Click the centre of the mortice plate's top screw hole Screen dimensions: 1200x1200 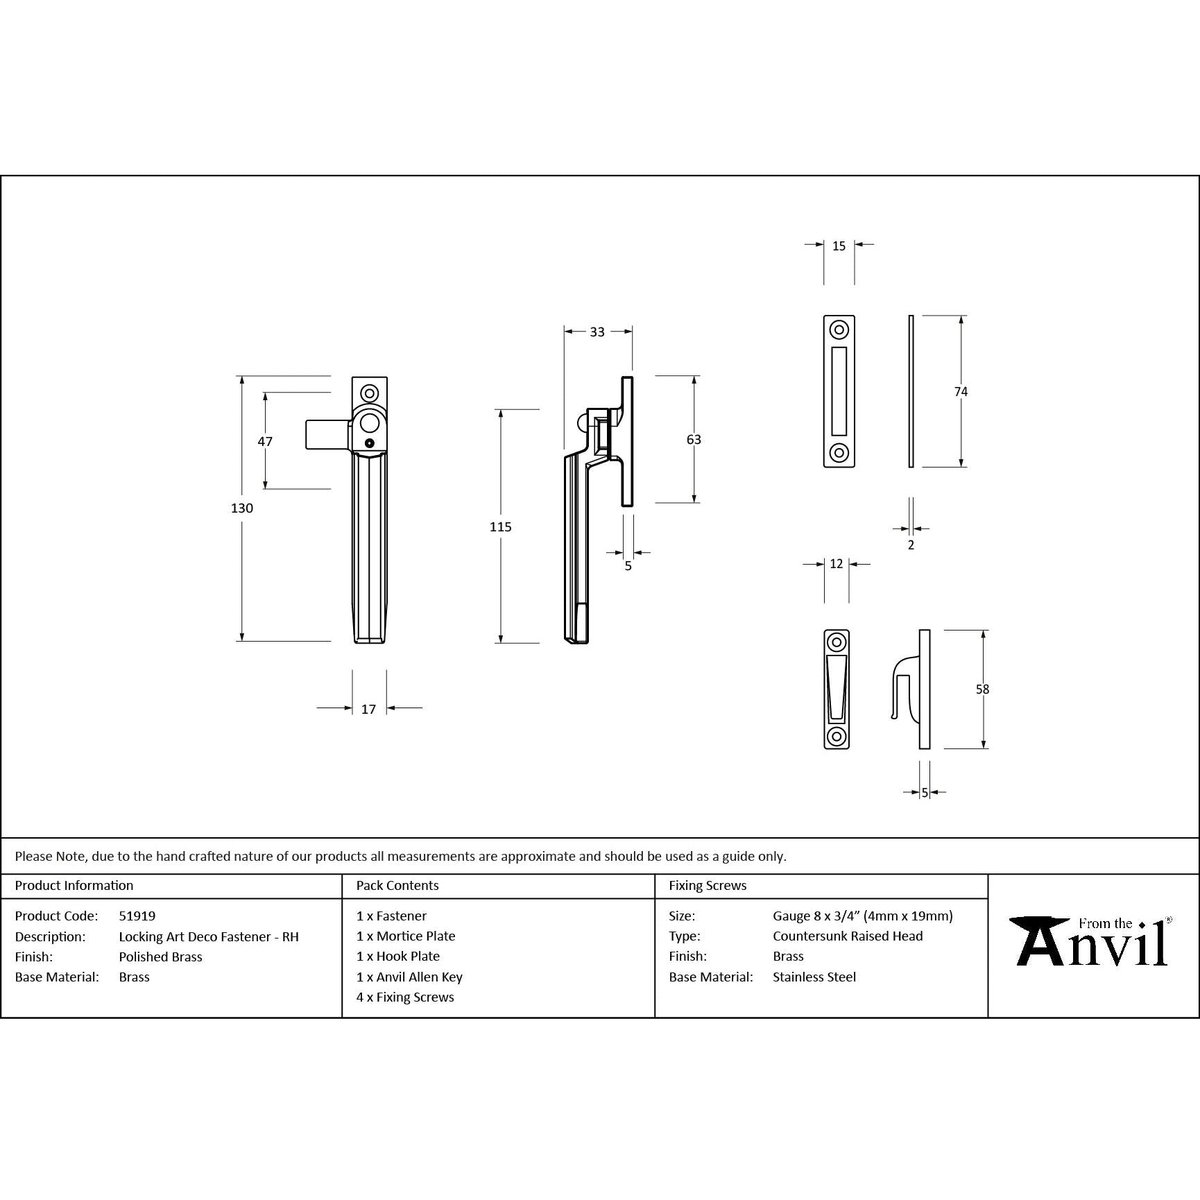click(839, 329)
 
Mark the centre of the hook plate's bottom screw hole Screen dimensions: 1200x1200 click(837, 736)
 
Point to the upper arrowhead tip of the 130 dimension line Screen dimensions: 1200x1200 click(242, 377)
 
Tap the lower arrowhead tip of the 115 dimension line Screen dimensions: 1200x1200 click(500, 643)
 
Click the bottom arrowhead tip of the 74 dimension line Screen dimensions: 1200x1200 click(961, 467)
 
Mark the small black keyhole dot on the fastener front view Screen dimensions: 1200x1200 click(369, 443)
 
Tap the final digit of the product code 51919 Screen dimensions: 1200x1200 click(152, 916)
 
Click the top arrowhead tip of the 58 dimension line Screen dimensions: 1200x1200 click(983, 631)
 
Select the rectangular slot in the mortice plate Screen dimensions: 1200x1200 click(839, 391)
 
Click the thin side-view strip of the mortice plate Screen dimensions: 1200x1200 click(911, 391)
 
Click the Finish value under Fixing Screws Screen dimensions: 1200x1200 click(788, 957)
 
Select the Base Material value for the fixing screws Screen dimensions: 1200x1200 click(814, 977)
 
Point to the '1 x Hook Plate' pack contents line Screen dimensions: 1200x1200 click(398, 957)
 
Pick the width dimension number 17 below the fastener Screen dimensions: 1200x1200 click(368, 709)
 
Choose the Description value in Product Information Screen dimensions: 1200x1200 click(209, 937)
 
